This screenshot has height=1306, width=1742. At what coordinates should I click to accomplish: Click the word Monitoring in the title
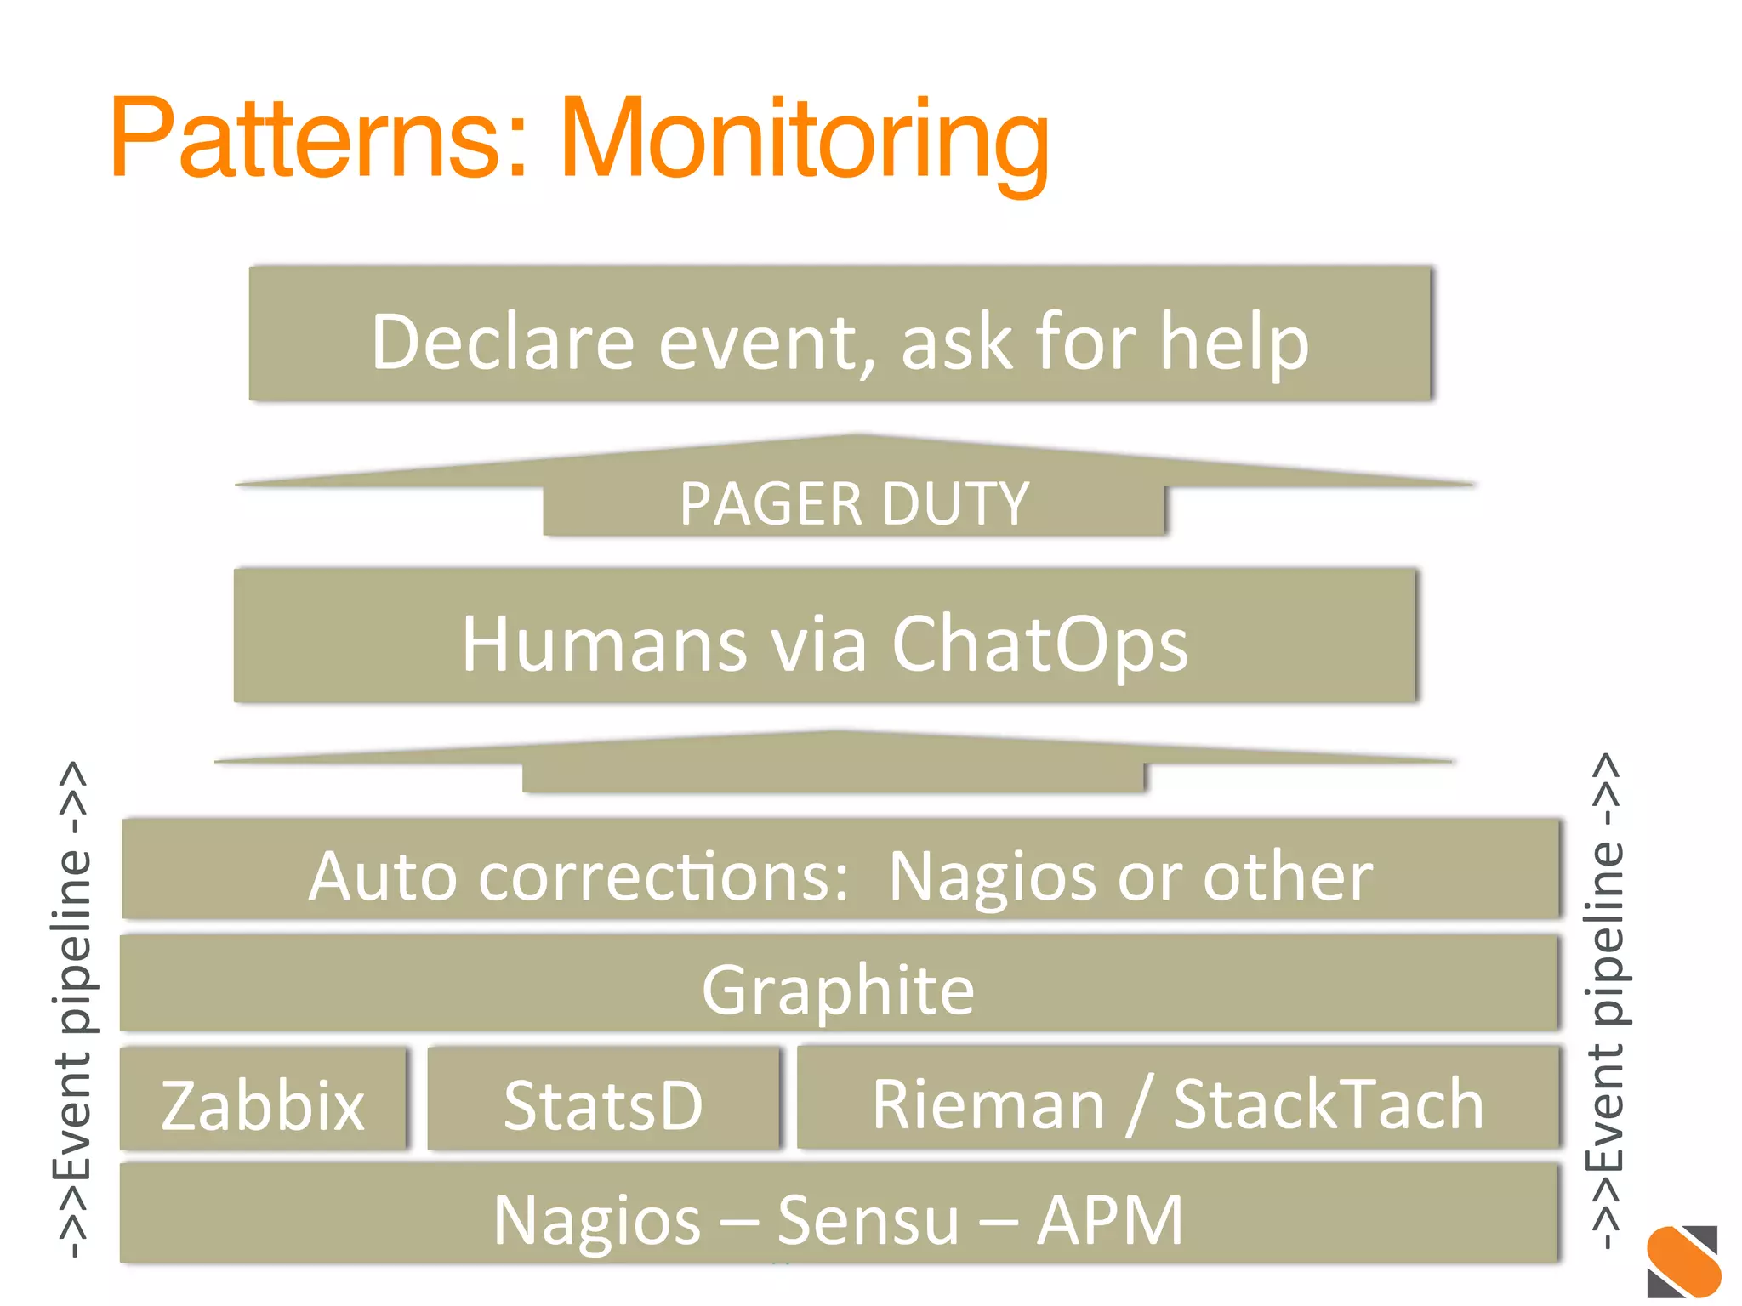804,140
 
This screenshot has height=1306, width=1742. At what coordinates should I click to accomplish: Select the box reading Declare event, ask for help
840,334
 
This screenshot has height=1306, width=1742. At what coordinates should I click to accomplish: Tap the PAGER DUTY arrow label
854,504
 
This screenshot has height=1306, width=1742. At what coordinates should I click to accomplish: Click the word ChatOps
1039,644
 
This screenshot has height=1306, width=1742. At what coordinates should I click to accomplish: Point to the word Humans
604,644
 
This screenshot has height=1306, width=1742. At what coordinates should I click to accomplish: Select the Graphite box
838,989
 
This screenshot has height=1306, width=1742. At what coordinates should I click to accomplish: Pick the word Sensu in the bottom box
868,1218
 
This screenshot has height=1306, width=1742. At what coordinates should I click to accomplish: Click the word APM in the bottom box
1109,1218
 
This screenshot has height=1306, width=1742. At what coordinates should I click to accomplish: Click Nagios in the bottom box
597,1218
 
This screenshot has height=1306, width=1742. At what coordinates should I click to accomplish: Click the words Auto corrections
578,876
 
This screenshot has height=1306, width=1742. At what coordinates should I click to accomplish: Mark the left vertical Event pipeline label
72,1008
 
